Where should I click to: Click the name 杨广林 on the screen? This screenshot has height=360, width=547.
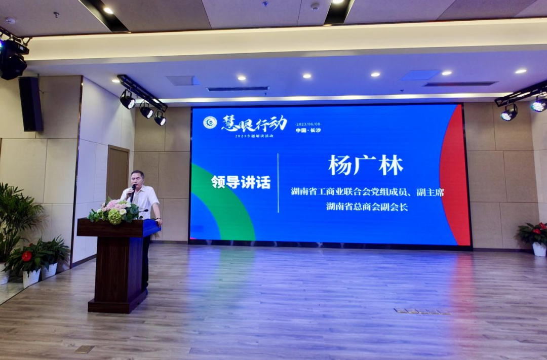pos(366,166)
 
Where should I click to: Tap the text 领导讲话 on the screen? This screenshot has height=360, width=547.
pos(241,182)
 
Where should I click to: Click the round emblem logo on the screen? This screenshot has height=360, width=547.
pos(210,122)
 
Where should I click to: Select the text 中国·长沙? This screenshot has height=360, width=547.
pos(308,130)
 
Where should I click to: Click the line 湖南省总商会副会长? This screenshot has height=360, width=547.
pos(367,207)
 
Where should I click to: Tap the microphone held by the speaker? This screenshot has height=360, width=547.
pos(133,189)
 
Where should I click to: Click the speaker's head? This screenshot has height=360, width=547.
pos(137,178)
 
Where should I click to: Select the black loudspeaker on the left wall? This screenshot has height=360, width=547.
pos(31,104)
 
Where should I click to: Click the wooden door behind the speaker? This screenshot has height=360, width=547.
pos(118,172)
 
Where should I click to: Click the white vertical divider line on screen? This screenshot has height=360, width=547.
pos(278,183)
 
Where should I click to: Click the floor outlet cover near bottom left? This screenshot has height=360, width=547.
pos(85,349)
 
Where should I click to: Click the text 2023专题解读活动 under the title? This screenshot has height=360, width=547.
pos(254,136)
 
